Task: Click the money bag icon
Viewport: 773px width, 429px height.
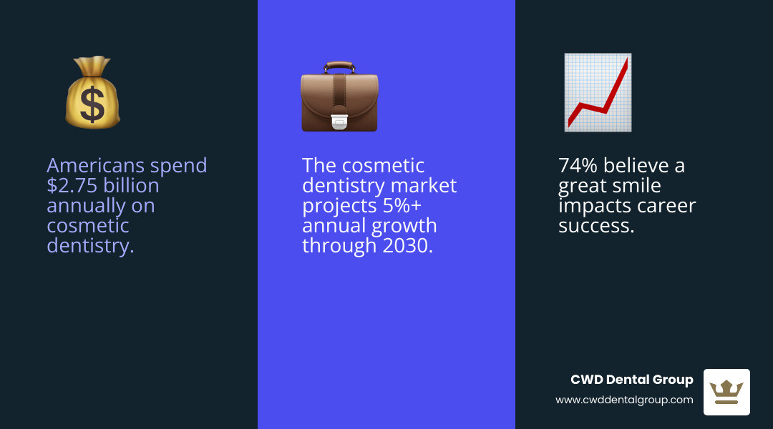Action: [92, 93]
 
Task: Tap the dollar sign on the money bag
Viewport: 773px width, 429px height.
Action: [92, 105]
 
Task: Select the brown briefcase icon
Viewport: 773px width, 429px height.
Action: [339, 98]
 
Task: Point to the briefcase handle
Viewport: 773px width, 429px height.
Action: [339, 66]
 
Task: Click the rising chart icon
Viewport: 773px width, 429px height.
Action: [598, 93]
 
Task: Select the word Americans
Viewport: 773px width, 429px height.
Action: [87, 166]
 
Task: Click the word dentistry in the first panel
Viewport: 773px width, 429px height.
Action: [90, 246]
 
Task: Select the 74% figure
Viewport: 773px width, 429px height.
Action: [578, 166]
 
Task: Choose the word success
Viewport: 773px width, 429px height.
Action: [595, 226]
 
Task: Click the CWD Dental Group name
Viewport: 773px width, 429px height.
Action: [631, 380]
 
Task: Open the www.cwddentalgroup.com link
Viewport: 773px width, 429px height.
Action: [624, 400]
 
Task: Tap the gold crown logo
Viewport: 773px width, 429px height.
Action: [726, 392]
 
